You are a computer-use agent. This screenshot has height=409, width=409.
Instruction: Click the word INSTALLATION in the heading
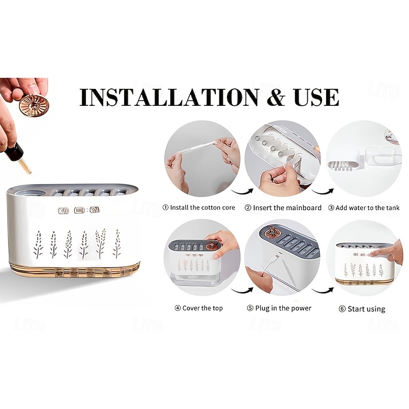point(169,97)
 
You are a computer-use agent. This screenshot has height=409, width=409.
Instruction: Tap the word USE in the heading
point(316,97)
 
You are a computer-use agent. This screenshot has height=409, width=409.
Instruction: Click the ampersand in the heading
point(276,97)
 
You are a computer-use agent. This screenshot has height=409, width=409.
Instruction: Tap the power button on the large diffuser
point(63,211)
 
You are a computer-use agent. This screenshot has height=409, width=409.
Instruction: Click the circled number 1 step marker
point(165,208)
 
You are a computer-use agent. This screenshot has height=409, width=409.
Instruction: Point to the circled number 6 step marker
point(342,309)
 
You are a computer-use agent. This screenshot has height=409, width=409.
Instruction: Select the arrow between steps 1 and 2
point(242,192)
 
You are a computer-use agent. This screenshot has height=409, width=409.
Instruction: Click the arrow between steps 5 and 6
point(323,290)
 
